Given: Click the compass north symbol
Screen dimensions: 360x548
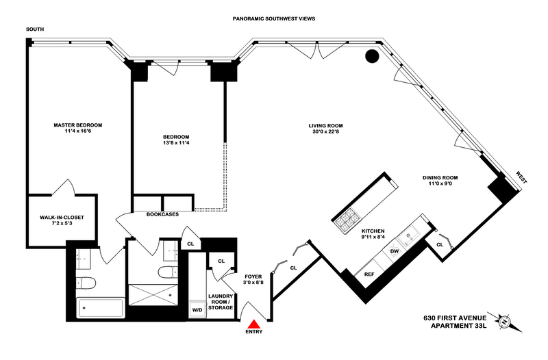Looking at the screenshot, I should click(505, 320).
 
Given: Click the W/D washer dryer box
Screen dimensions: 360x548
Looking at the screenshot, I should click(197, 309).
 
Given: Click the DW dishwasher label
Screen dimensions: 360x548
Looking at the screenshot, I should click(395, 251).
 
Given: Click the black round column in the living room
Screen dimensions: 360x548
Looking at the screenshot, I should click(372, 57).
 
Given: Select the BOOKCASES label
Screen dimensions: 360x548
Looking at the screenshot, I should click(162, 214).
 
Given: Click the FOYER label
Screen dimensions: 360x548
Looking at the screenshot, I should click(253, 279).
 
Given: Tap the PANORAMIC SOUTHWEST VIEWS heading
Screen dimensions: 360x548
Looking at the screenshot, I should click(274, 21).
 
